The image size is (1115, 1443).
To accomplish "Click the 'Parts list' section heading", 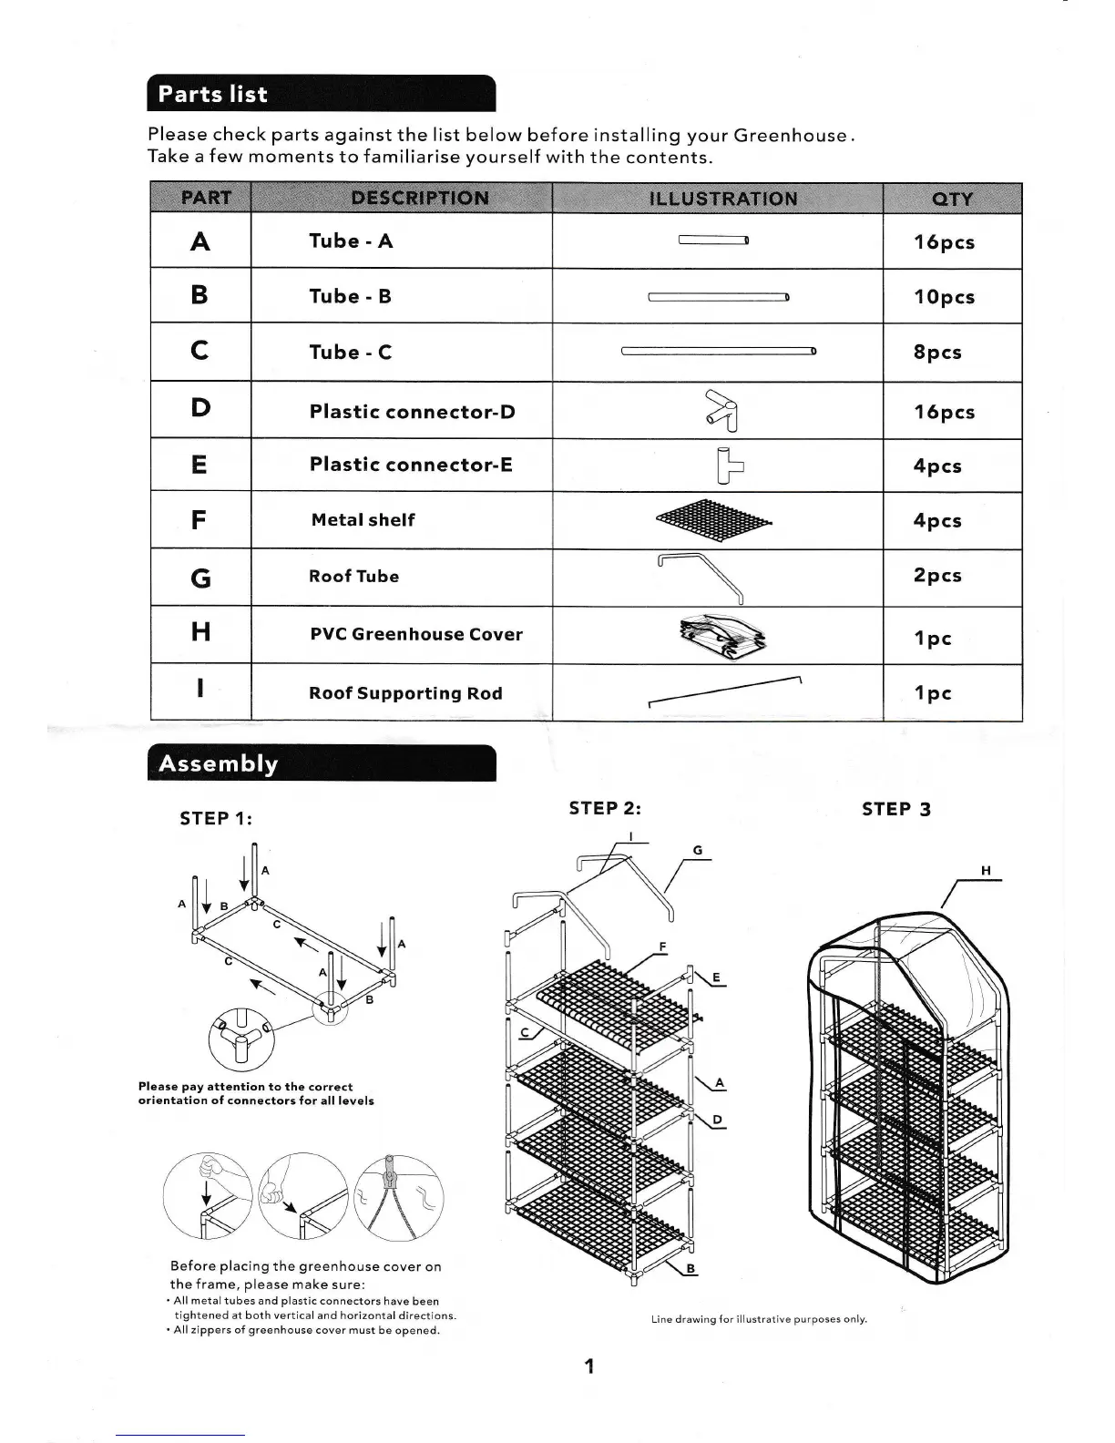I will pos(213,95).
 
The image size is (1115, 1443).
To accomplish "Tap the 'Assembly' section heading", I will pos(219,763).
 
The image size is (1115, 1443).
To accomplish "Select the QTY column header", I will pos(952,199).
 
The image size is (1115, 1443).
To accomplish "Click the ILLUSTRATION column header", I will pos(722,199).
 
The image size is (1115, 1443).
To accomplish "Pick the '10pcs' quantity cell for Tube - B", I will pos(944,297).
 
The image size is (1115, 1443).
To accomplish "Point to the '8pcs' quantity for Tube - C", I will pos(937,353).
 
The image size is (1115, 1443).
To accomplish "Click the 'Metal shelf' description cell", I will pos(363,520).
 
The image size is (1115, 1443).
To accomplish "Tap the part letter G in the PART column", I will pos(200,578).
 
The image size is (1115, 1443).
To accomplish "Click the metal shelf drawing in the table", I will pos(714,519).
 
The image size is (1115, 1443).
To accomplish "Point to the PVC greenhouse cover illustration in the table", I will pos(722,635).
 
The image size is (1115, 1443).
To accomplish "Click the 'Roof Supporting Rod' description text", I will pos(405,693).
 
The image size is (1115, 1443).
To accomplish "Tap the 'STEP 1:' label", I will pos(216,818).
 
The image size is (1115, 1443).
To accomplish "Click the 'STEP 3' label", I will pos(896,809).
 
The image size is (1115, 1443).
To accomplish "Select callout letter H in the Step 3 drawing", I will pos(986,871).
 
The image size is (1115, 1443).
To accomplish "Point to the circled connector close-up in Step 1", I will pos(241,1039).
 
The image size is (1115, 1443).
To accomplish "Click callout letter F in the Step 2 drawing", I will pos(663,947).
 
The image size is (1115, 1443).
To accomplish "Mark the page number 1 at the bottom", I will pos(589,1366).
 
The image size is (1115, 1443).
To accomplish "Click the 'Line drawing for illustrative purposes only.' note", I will pos(759,1319).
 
